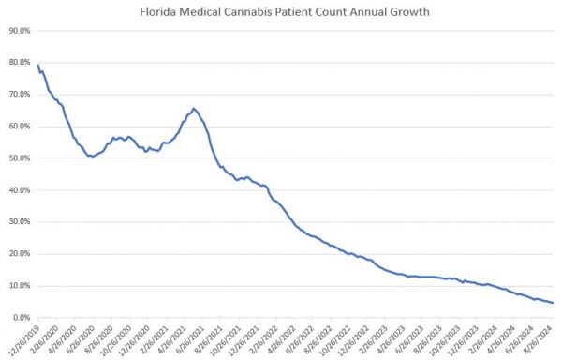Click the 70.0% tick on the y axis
click(x=19, y=94)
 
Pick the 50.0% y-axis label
click(x=19, y=157)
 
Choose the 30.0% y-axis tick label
click(x=19, y=221)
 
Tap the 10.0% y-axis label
click(x=19, y=285)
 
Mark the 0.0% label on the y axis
click(x=21, y=317)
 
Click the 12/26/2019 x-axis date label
click(x=24, y=337)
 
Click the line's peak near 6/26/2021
click(x=194, y=109)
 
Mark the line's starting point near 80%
click(x=38, y=66)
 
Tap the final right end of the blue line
click(x=553, y=302)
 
